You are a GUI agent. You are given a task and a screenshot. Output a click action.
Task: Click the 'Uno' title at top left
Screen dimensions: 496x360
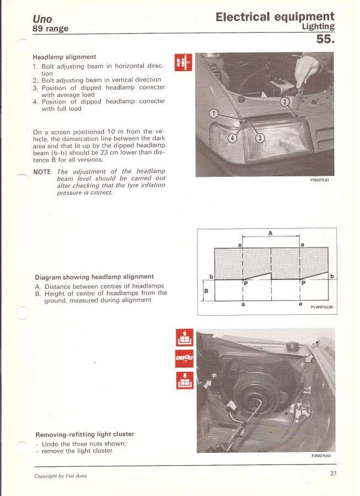coord(42,19)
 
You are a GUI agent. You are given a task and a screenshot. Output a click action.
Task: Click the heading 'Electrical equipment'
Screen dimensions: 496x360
coord(275,17)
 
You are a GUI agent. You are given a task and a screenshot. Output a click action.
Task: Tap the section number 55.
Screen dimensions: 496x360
coord(326,39)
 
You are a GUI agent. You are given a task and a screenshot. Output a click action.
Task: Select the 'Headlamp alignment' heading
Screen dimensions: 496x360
coord(65,57)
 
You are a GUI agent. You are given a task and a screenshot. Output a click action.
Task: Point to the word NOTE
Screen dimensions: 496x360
coord(42,171)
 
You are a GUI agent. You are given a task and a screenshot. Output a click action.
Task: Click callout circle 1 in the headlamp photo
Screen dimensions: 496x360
coord(214,114)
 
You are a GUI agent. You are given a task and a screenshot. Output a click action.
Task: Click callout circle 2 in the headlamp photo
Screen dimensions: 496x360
coord(284,101)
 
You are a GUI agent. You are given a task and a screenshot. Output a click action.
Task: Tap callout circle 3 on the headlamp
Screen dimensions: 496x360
coord(260,138)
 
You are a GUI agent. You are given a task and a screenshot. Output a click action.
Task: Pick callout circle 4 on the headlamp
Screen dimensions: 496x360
coord(233,138)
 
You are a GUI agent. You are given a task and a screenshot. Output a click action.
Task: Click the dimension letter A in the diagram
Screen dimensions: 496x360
coord(271,233)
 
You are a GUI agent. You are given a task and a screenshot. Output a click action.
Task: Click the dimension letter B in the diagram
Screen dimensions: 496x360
coord(206,290)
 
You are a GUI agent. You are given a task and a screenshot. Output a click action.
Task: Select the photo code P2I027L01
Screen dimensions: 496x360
coord(320,180)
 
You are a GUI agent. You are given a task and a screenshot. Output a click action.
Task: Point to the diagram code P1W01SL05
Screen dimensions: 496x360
coord(320,308)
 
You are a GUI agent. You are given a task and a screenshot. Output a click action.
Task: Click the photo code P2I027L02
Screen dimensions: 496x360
coord(320,456)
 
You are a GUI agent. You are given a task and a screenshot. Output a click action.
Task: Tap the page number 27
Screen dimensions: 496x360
coord(334,473)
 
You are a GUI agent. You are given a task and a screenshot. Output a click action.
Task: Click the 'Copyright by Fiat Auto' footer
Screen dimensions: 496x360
coord(60,476)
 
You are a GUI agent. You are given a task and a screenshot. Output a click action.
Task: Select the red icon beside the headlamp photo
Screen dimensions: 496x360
coord(183,63)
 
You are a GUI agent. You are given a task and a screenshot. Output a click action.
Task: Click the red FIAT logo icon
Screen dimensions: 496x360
coord(184,358)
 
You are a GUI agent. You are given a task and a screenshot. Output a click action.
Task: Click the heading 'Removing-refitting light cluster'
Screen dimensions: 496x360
coord(84,434)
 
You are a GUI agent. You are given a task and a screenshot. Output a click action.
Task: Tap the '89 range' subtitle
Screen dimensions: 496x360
coord(50,29)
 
